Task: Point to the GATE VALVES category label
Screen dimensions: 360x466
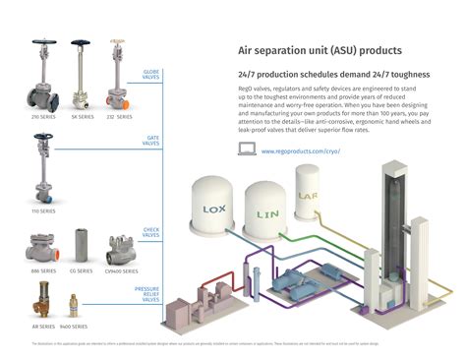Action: point(150,141)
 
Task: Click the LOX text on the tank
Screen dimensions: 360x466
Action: point(213,210)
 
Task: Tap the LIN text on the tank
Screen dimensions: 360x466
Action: point(268,212)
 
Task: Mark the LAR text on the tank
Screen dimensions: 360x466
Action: point(310,196)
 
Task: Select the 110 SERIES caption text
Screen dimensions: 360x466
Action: point(41,210)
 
